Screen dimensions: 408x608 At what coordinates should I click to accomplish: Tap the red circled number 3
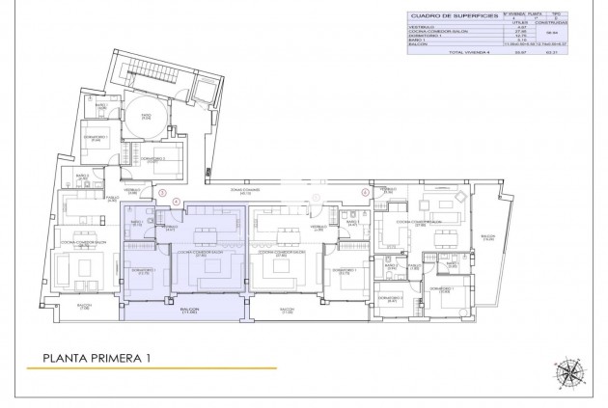point(164,192)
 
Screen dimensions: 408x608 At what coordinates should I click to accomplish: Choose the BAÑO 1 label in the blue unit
point(136,223)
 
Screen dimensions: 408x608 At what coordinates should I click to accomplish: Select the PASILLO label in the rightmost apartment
point(414,266)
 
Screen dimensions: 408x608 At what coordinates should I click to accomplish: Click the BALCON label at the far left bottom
point(84,307)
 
